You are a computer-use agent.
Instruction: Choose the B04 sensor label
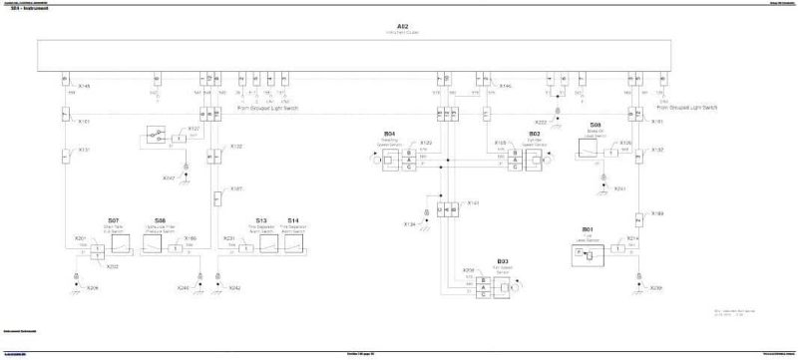coord(390,133)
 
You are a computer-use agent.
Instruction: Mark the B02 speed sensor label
coord(535,133)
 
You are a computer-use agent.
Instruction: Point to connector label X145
coord(84,86)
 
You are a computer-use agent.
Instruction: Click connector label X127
coord(194,129)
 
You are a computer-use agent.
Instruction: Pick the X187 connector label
coord(236,187)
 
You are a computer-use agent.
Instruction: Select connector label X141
coord(474,202)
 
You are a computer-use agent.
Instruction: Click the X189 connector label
coord(657,213)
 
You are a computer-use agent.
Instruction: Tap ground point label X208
coord(93,288)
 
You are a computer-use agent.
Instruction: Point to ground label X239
coord(655,288)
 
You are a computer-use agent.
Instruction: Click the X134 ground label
coord(409,225)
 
